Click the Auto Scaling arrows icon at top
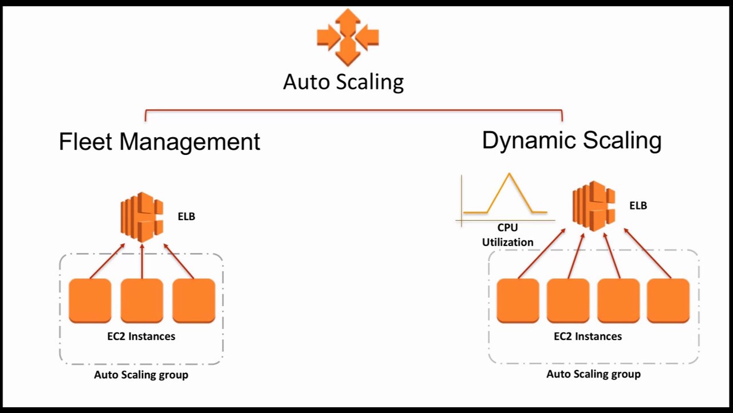348,37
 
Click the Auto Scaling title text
343,81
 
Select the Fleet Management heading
159,142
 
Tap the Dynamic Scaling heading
572,140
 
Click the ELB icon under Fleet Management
142,217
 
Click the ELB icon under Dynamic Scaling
594,206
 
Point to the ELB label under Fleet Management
186,216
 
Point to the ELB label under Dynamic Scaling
638,205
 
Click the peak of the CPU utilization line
509,174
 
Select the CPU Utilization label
507,235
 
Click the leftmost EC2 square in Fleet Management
90,300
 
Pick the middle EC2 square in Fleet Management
141,300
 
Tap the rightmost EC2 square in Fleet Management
194,300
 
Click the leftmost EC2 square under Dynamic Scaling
518,300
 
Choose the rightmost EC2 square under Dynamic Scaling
668,300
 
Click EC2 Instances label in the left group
141,336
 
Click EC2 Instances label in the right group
588,336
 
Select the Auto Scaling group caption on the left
141,375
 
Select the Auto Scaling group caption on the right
593,374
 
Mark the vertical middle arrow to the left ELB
142,261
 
